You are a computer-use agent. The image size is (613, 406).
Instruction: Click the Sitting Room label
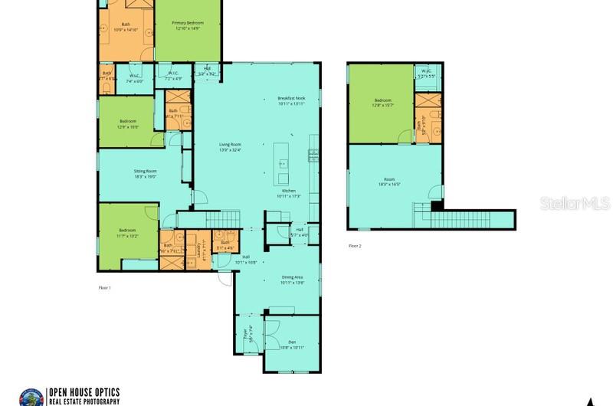click(145, 173)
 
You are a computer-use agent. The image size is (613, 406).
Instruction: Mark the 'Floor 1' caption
click(103, 287)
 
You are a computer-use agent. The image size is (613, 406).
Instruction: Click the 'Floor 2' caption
click(355, 246)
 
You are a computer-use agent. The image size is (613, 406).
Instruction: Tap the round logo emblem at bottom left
click(31, 395)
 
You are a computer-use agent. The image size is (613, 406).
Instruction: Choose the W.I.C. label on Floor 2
click(427, 74)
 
